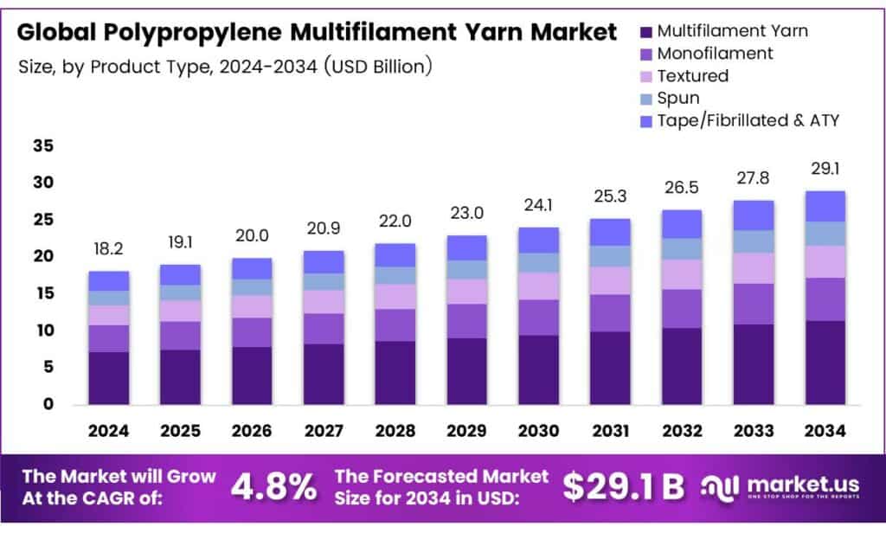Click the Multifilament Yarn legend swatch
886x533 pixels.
coord(645,32)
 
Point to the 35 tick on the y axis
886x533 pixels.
coord(43,146)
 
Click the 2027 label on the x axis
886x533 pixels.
coord(324,430)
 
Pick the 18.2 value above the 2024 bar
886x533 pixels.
coord(109,249)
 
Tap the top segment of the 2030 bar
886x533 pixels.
coord(538,240)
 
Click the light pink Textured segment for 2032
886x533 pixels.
coord(681,274)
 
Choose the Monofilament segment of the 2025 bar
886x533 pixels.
coord(180,335)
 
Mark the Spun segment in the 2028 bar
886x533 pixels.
coord(395,275)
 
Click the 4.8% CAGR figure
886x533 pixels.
coord(273,487)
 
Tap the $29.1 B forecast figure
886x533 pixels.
coord(623,487)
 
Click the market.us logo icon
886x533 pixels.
coord(721,487)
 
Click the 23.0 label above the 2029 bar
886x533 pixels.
coord(467,213)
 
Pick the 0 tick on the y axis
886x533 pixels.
coord(48,404)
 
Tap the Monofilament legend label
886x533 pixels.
coord(715,54)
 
